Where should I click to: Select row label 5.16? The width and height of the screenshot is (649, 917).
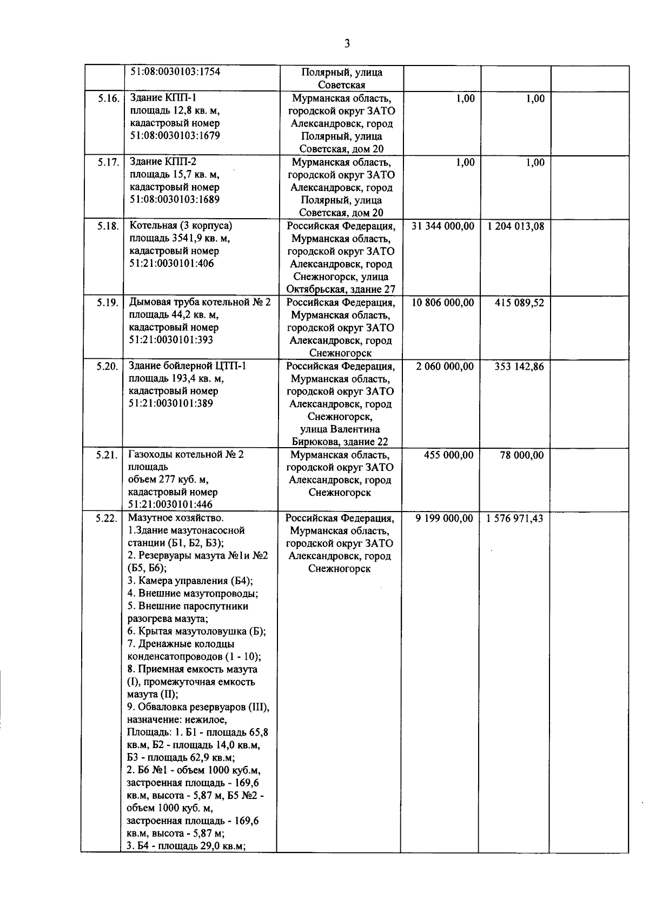tap(108, 99)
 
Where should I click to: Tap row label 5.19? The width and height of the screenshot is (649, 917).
tap(108, 303)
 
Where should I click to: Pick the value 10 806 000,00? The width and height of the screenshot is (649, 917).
tap(443, 303)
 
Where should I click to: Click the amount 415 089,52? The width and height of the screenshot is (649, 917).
tap(519, 303)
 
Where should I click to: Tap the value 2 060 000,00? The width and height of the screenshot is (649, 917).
tap(445, 366)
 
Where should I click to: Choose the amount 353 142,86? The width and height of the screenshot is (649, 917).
tap(519, 366)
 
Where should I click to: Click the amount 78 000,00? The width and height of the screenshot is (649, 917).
tap(522, 455)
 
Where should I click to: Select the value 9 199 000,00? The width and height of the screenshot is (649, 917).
tap(444, 519)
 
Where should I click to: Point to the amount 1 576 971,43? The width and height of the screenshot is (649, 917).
tap(515, 519)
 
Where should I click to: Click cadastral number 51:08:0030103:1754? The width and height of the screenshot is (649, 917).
tap(175, 72)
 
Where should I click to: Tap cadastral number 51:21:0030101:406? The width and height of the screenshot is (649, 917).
tap(171, 264)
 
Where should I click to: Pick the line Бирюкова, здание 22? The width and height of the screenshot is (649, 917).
tap(340, 442)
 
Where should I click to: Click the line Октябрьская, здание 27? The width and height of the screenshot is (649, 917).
tap(340, 290)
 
